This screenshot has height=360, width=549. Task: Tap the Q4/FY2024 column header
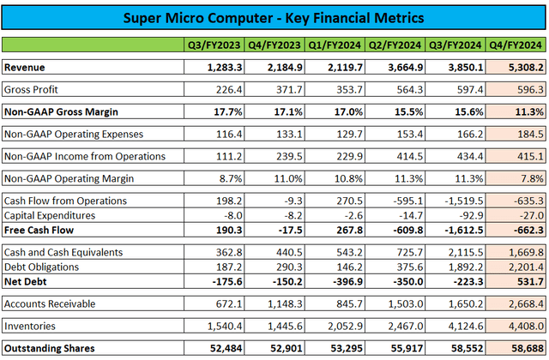tap(515, 45)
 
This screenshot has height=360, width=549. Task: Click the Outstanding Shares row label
tap(48, 349)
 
